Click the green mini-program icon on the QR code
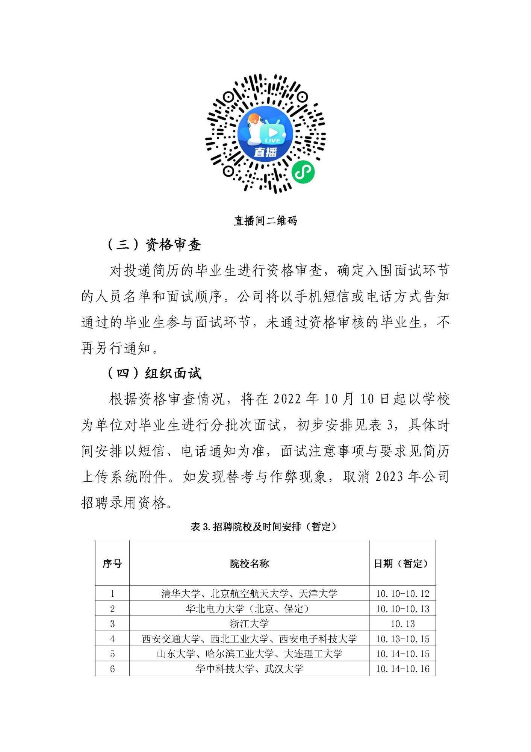click(303, 172)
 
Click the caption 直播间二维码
click(265, 221)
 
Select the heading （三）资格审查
click(154, 245)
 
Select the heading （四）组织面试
click(154, 373)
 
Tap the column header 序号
click(112, 564)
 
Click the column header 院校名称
click(249, 564)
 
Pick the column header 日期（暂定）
click(402, 564)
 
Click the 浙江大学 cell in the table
click(249, 624)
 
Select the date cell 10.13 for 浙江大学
click(402, 624)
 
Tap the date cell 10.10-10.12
click(402, 594)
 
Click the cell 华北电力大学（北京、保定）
click(249, 609)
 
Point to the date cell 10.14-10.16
click(402, 669)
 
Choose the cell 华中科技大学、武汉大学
click(249, 669)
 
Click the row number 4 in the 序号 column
click(112, 639)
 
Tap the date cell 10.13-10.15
click(402, 639)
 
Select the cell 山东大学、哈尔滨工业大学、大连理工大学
click(249, 654)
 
